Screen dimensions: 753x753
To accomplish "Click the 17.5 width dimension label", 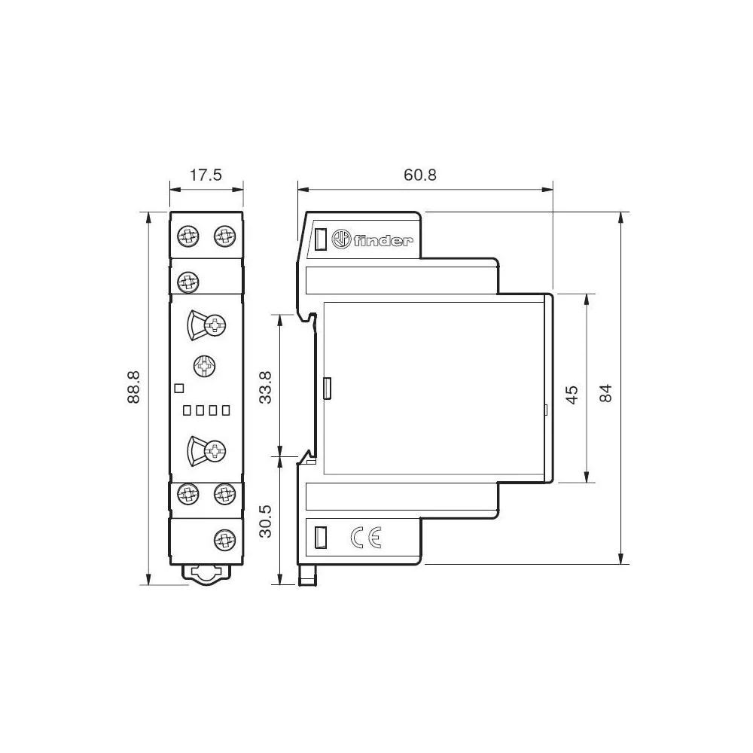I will click(x=205, y=175).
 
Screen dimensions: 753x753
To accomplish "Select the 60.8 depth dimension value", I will click(x=420, y=175).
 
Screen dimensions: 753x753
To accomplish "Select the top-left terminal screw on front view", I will click(x=187, y=236).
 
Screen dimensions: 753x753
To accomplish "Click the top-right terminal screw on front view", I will click(x=224, y=236).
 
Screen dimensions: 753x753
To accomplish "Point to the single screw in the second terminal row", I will click(x=187, y=282).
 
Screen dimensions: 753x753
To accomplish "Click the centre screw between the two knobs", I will click(x=205, y=367).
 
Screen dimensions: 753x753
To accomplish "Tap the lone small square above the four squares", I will click(x=178, y=389).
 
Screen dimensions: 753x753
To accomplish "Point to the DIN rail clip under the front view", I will click(x=206, y=574).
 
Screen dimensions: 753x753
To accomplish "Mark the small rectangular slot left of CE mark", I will click(x=319, y=537).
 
